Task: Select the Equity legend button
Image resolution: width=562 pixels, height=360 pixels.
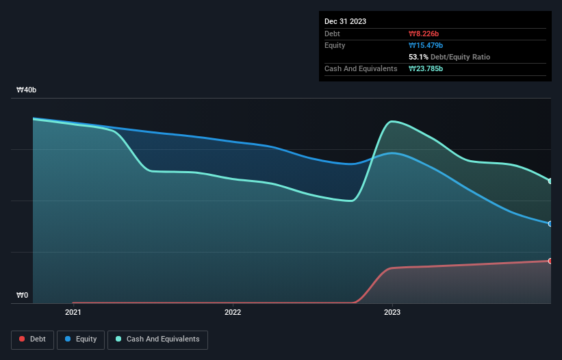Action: [x=81, y=339]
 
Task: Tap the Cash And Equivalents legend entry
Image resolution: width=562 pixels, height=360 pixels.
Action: [x=157, y=339]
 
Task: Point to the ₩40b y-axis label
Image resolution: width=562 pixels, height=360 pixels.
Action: [x=27, y=90]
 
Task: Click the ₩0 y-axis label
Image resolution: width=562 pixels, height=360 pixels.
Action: [x=23, y=296]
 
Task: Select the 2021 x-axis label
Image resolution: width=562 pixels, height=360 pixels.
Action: [x=73, y=313]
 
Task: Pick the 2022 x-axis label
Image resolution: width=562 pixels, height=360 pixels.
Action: [x=233, y=313]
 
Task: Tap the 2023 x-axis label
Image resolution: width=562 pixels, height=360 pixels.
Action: [x=392, y=313]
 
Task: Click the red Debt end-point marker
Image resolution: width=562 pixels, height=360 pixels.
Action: [x=550, y=261]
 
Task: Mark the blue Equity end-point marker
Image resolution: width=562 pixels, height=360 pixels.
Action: [x=550, y=224]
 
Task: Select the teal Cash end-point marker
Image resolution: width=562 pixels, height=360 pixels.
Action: [x=550, y=181]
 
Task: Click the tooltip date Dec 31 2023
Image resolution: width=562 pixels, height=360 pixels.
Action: [x=345, y=21]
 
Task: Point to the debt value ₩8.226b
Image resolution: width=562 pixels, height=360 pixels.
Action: [x=424, y=34]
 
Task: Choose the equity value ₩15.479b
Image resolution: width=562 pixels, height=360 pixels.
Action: [x=426, y=45]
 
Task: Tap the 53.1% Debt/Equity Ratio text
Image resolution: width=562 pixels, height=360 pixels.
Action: [x=449, y=57]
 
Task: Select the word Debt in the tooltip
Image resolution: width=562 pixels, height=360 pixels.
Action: [x=332, y=34]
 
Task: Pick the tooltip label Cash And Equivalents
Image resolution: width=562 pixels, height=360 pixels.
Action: [x=361, y=68]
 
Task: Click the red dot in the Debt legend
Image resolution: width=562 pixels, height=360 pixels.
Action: [x=23, y=339]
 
